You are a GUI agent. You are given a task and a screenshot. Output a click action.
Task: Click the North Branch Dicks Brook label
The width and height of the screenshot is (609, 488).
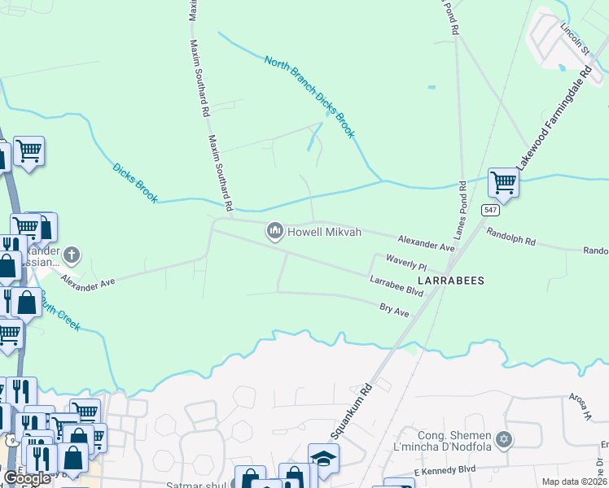click(309, 96)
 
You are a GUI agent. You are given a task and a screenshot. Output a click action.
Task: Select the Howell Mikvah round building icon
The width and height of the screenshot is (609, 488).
click(275, 233)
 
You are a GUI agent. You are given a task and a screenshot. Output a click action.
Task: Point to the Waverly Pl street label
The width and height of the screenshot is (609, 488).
click(406, 265)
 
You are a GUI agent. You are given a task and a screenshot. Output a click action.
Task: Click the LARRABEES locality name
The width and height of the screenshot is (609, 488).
click(452, 281)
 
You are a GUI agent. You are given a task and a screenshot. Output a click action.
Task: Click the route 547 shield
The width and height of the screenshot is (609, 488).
click(489, 210)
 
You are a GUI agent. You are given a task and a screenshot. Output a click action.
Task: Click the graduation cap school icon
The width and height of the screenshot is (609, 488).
click(323, 459)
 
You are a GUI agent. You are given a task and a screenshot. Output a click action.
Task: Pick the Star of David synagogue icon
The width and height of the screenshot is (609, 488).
click(504, 439)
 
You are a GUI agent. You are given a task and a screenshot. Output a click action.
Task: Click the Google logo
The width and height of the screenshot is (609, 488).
click(26, 478)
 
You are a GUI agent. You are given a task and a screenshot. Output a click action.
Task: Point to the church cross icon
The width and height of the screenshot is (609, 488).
click(72, 255)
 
